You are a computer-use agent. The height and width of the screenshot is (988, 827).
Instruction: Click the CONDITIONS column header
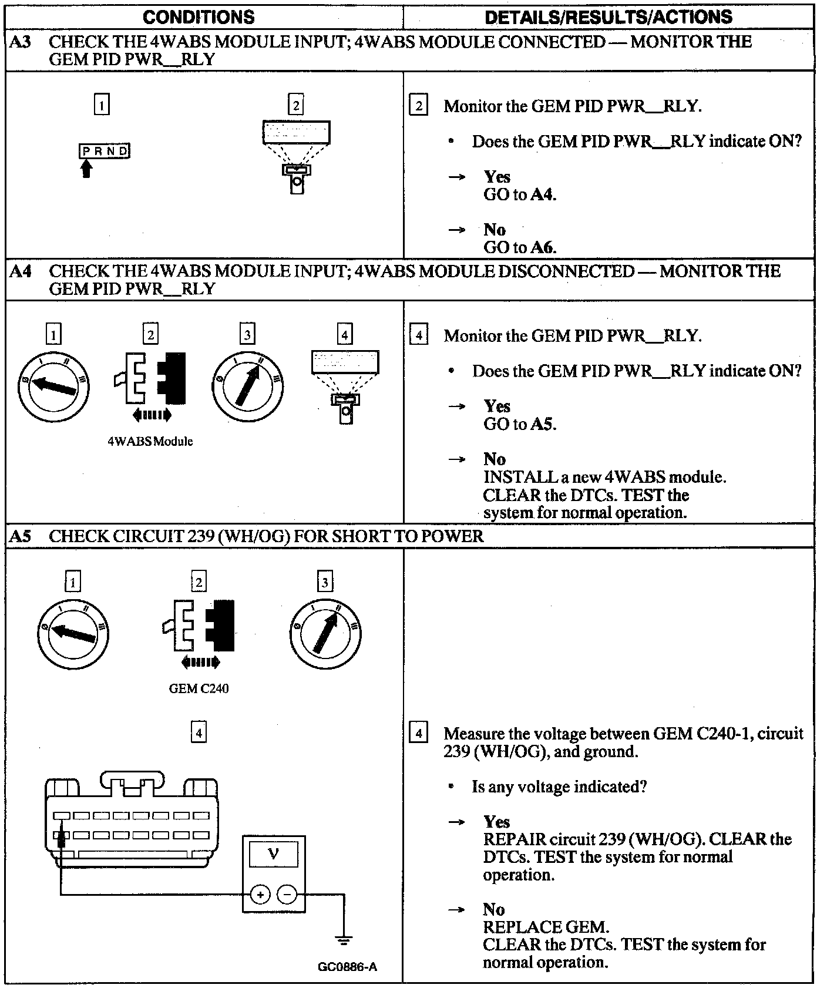coord(199,17)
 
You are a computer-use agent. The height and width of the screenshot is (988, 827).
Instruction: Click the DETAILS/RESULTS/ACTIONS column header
coord(609,17)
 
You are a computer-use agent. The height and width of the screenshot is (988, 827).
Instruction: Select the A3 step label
coord(21,42)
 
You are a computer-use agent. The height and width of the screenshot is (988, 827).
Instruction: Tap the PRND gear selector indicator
coord(105,151)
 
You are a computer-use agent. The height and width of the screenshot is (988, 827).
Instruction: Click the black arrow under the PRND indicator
coord(86,169)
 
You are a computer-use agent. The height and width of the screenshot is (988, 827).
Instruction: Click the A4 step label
coord(21,271)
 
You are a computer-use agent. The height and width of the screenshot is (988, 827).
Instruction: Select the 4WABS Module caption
coord(150,441)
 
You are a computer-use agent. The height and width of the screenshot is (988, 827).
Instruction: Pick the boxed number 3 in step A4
coord(247,334)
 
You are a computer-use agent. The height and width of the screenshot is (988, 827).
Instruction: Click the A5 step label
coord(21,536)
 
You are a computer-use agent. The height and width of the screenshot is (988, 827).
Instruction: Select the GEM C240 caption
coord(199,688)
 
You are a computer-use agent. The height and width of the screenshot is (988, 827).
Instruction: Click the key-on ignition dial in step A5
coord(325,633)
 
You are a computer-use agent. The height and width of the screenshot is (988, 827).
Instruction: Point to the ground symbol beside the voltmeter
coord(344,939)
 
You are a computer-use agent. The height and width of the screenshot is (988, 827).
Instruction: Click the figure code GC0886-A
coord(348,966)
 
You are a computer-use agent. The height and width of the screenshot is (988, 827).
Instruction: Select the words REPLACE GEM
coord(546,927)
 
